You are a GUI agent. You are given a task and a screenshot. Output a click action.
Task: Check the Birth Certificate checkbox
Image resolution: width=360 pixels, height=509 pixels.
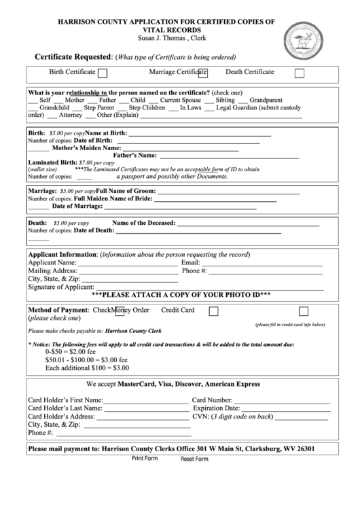[x=103, y=73]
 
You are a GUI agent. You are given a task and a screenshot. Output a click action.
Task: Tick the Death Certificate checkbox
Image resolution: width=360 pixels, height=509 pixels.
[x=300, y=73]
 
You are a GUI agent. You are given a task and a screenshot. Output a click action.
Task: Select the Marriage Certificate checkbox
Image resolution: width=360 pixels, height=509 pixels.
[x=202, y=72]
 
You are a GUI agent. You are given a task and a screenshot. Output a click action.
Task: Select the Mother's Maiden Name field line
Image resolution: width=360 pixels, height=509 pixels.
[x=180, y=147]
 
